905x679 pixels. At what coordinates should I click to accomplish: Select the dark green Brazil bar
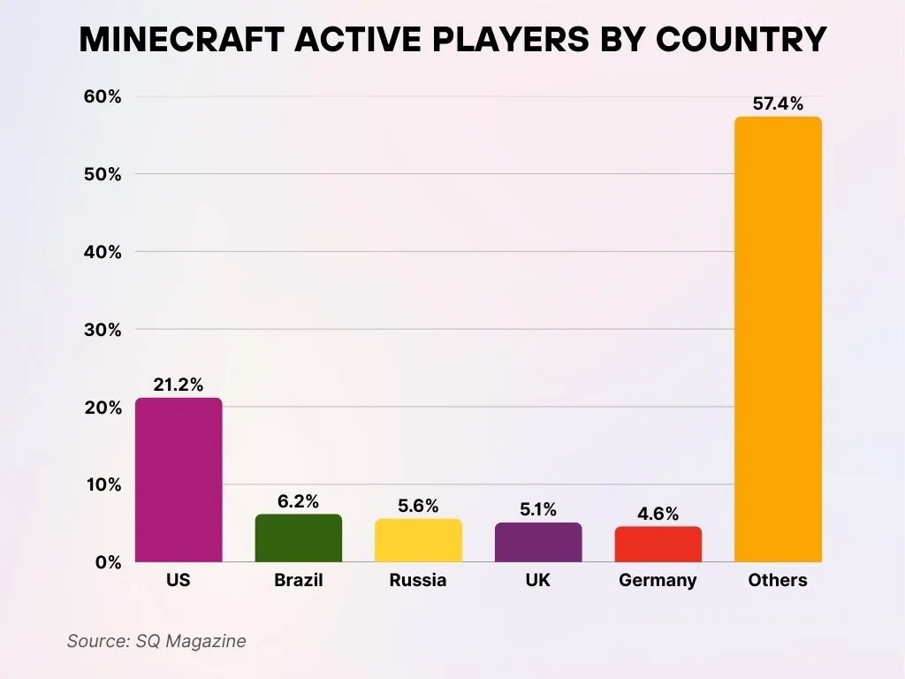[x=298, y=538]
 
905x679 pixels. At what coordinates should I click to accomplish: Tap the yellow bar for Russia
[x=418, y=540]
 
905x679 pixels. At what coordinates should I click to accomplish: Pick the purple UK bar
[x=538, y=542]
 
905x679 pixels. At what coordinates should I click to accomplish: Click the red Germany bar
[x=658, y=545]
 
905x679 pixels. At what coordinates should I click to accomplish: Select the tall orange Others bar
[x=778, y=339]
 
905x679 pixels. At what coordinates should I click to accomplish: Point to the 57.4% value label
[x=778, y=103]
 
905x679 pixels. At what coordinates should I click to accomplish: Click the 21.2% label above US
[x=179, y=385]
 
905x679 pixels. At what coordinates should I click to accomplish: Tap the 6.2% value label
[x=298, y=501]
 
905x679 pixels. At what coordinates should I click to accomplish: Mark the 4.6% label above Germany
[x=658, y=514]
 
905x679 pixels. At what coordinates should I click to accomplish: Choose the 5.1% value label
[x=538, y=509]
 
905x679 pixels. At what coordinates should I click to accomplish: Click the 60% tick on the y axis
[x=103, y=96]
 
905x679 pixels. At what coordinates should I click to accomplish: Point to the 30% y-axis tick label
[x=103, y=330]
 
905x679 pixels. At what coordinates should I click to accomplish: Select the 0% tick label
[x=108, y=562]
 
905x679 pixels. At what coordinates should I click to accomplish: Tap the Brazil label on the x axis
[x=298, y=581]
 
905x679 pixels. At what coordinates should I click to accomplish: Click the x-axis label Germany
[x=658, y=581]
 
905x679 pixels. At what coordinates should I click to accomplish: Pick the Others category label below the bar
[x=778, y=581]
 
